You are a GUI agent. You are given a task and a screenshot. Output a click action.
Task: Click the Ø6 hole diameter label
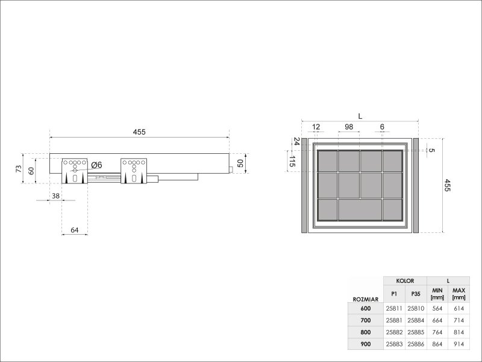coord(96,165)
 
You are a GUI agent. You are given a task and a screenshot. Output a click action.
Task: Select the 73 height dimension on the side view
coord(19,169)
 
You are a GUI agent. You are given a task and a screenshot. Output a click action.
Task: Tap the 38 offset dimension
coord(55,195)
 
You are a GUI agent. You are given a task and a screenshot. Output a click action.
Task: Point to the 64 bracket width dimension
coord(75,230)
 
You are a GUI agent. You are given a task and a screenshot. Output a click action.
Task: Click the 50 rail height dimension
coord(240,163)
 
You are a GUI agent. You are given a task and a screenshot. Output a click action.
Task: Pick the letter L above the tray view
coord(360,116)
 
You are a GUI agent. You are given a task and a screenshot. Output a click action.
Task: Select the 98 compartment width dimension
coord(349,127)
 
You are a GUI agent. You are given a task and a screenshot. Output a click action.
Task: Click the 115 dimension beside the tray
coord(292,161)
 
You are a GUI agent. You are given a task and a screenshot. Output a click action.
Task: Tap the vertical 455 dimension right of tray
coord(447,185)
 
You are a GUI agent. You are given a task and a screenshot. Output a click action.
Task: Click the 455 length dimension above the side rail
coord(139,132)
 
